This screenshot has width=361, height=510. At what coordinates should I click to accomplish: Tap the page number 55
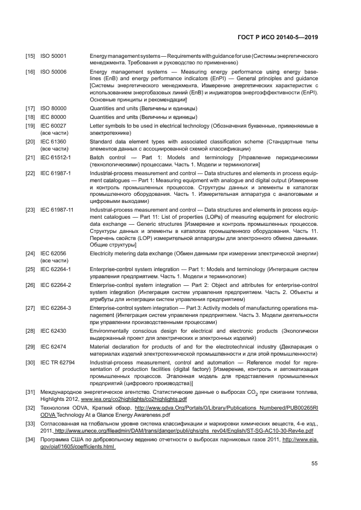pos(315,464)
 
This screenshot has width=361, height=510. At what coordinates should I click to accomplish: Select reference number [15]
pos(31,56)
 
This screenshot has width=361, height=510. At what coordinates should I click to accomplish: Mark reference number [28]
pos(31,331)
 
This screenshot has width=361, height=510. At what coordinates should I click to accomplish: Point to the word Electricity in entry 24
pos(104,254)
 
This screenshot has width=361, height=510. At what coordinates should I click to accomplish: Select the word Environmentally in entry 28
pos(111,331)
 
